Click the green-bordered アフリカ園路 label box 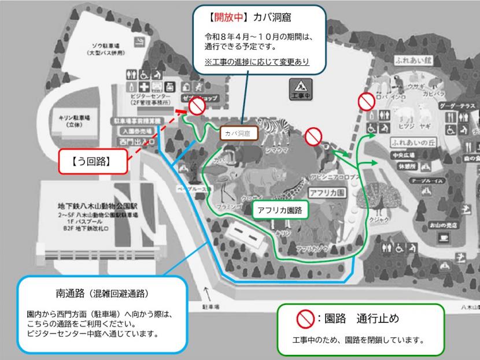click(280, 210)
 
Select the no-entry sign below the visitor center click(198, 106)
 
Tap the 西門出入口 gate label click(132, 139)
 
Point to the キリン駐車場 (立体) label click(73, 120)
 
